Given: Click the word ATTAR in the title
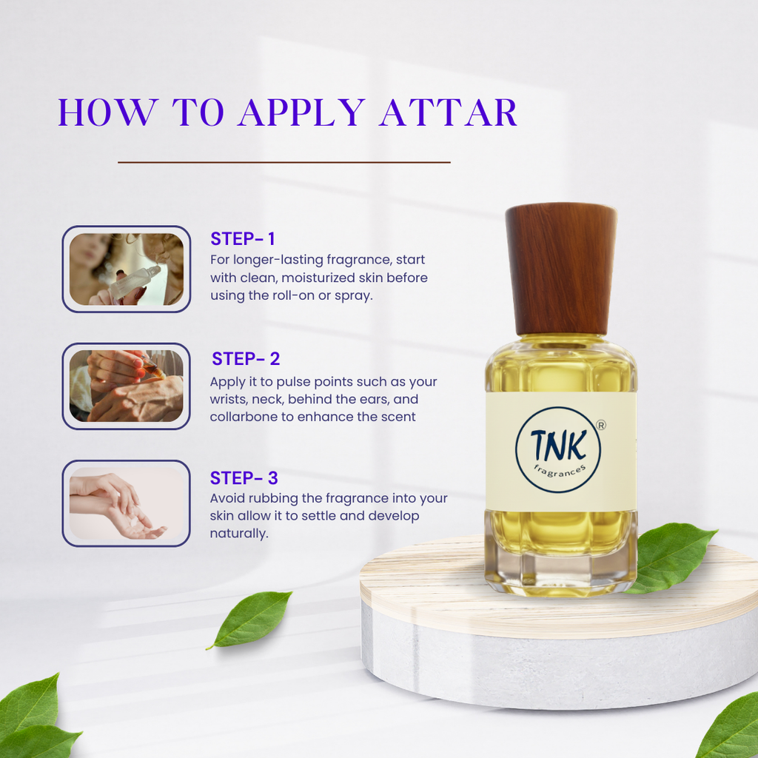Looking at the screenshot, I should [x=449, y=113].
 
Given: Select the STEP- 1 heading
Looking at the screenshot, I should [x=243, y=239].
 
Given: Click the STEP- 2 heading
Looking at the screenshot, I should [x=246, y=360].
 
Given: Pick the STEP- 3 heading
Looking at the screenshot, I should [x=244, y=478].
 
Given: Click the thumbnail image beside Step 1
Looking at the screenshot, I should [x=127, y=269].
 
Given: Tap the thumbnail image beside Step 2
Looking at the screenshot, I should [x=127, y=386].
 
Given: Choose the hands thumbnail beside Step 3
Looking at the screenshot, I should [x=127, y=503].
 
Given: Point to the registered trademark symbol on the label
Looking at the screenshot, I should [x=601, y=426].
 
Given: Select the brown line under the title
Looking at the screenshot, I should [x=284, y=161].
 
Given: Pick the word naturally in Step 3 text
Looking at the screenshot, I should [x=238, y=533].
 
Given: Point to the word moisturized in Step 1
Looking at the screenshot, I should [x=296, y=278].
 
